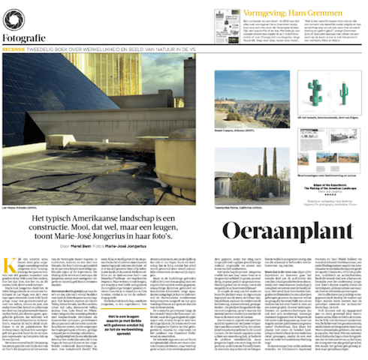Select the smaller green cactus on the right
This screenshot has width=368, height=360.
(344, 94)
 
